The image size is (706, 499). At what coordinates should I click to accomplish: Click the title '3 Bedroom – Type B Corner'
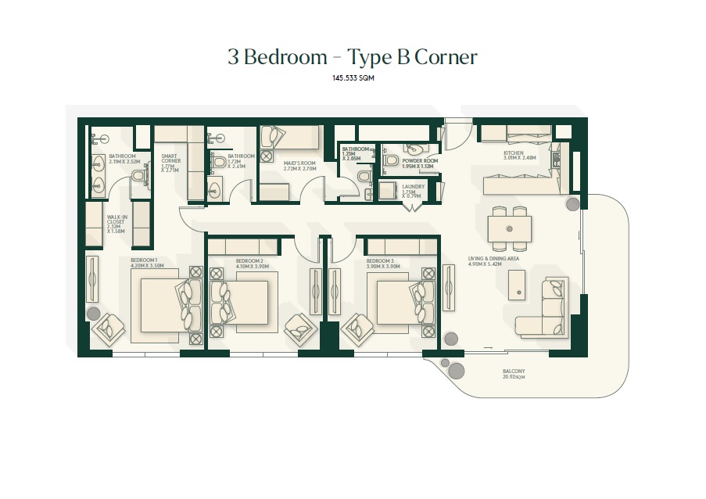352,58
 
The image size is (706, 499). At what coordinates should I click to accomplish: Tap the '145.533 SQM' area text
352,79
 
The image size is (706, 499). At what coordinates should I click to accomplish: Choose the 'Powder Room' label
420,163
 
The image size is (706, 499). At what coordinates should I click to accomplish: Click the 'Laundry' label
413,190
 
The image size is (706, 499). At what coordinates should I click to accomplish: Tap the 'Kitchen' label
513,156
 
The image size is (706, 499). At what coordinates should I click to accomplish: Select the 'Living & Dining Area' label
493,261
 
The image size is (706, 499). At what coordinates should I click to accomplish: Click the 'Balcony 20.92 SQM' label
514,374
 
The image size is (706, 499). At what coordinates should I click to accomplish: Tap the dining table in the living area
510,228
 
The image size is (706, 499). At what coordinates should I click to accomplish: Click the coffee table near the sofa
516,284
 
